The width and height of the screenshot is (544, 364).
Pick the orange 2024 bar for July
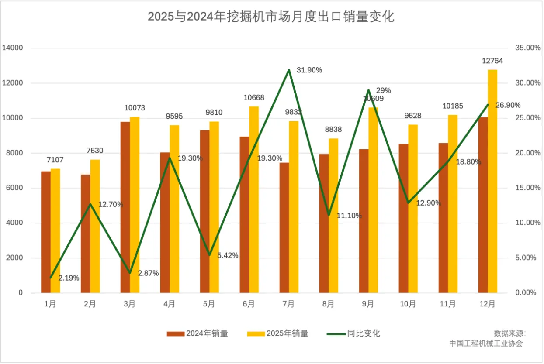(x=284, y=227)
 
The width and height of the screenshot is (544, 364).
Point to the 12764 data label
(x=492, y=61)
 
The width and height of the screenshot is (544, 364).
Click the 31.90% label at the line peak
(x=309, y=70)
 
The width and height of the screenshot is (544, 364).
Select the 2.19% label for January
(x=69, y=278)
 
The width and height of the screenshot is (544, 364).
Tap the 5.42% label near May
(x=228, y=255)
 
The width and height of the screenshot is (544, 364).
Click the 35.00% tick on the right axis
(x=524, y=48)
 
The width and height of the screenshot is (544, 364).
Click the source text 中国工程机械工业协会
(x=486, y=343)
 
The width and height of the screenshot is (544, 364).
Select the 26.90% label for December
(x=508, y=105)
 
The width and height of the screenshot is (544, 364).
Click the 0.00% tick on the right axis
(x=525, y=293)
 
